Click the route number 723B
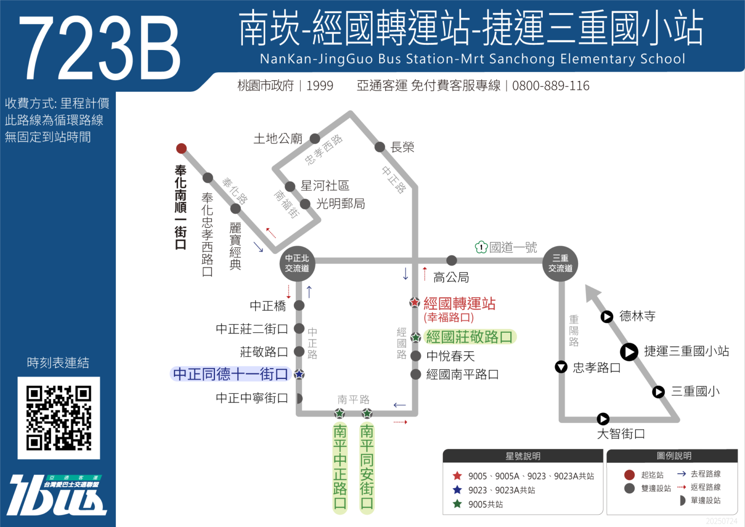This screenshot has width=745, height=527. (x=99, y=47)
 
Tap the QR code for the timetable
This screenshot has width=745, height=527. (x=59, y=418)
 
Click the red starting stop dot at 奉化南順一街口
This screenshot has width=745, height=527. (x=181, y=148)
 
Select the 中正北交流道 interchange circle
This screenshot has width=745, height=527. (x=297, y=263)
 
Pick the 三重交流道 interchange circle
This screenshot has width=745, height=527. (x=560, y=263)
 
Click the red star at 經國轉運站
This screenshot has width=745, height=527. (x=415, y=303)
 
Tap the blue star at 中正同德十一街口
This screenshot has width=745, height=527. (x=299, y=374)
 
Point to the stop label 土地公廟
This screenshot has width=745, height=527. (x=278, y=139)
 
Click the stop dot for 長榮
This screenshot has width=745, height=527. (x=380, y=147)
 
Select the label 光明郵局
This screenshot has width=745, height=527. (x=340, y=204)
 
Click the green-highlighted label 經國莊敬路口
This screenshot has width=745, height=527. (x=469, y=337)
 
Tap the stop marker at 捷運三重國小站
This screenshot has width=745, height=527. (x=629, y=352)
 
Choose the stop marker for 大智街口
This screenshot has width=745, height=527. (x=603, y=419)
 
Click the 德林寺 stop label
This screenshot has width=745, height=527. (x=637, y=317)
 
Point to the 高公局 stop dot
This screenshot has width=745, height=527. (x=452, y=260)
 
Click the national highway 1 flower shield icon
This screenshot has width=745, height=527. (x=481, y=247)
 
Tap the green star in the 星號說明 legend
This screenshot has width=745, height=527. (x=457, y=504)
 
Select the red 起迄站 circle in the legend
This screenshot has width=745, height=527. (x=630, y=475)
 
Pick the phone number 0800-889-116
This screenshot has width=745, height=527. (x=551, y=86)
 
